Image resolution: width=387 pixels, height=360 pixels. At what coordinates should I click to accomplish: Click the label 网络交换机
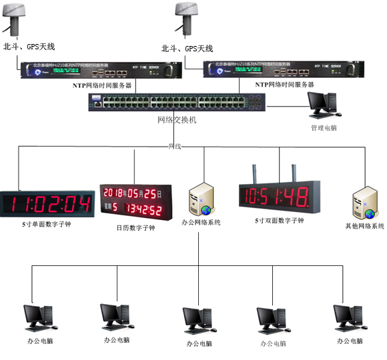(177, 120)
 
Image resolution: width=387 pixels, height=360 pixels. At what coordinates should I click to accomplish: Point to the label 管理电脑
(324, 127)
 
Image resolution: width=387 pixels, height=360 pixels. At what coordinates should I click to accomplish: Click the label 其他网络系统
(364, 227)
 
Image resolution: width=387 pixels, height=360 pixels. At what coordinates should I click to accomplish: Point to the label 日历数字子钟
(135, 228)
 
